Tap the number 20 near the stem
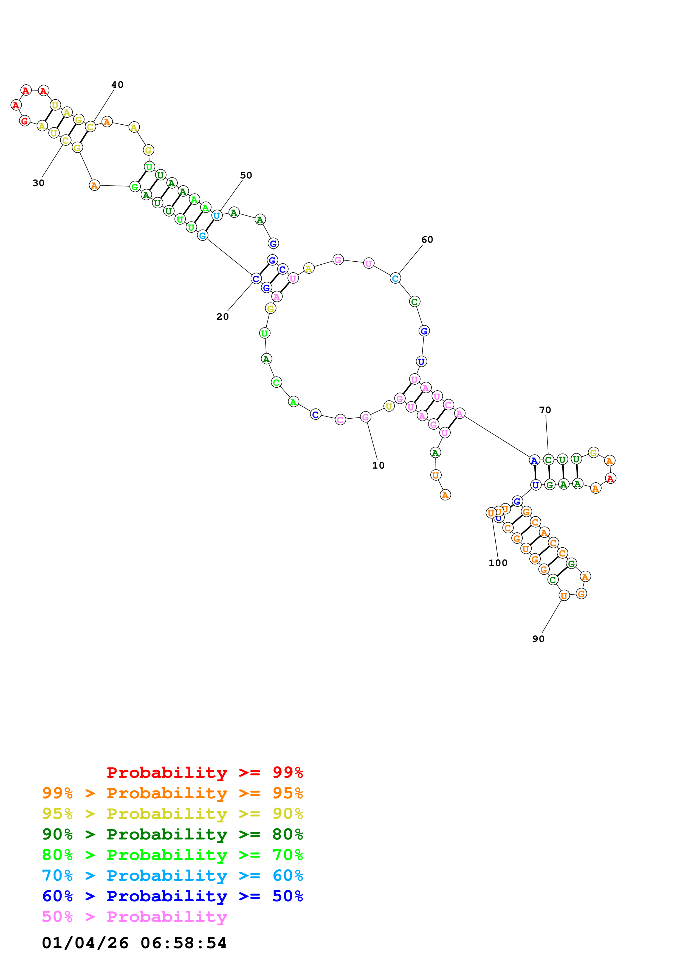[x=222, y=317]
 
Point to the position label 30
[x=39, y=183]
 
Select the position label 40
[x=117, y=85]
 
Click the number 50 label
[x=246, y=175]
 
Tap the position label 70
[x=545, y=410]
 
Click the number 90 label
[x=538, y=639]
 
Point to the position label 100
[x=498, y=563]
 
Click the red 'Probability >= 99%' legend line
[x=204, y=772]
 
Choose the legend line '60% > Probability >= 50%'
[x=172, y=896]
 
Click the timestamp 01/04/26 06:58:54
[x=134, y=943]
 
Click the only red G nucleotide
[x=25, y=121]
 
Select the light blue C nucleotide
[x=395, y=278]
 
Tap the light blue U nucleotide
[x=217, y=215]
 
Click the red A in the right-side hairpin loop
[x=610, y=478]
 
